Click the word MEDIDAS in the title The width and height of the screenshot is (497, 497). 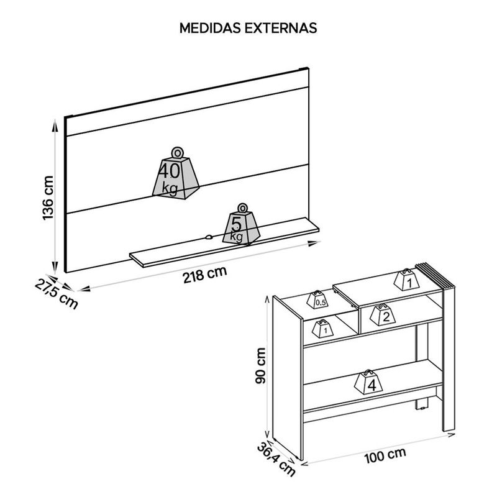(x=211, y=28)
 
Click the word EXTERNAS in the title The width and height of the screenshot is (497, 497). (x=281, y=28)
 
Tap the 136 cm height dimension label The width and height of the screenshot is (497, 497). (x=48, y=198)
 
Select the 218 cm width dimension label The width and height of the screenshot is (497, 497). (x=205, y=275)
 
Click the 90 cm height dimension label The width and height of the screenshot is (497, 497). (x=261, y=365)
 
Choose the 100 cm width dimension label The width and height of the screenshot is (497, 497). (x=385, y=455)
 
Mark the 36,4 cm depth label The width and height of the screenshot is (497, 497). (x=276, y=459)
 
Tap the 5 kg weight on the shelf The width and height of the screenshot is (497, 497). (x=242, y=224)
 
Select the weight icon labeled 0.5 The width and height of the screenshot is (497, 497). (x=317, y=299)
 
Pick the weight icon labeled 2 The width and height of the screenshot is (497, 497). (x=383, y=315)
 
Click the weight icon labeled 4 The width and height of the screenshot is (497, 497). (x=368, y=382)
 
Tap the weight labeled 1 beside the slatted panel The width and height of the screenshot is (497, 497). (x=406, y=280)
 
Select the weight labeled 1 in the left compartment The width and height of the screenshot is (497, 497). (x=323, y=329)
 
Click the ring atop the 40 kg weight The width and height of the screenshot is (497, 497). (x=177, y=152)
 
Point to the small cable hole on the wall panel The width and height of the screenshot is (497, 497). (x=208, y=237)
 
